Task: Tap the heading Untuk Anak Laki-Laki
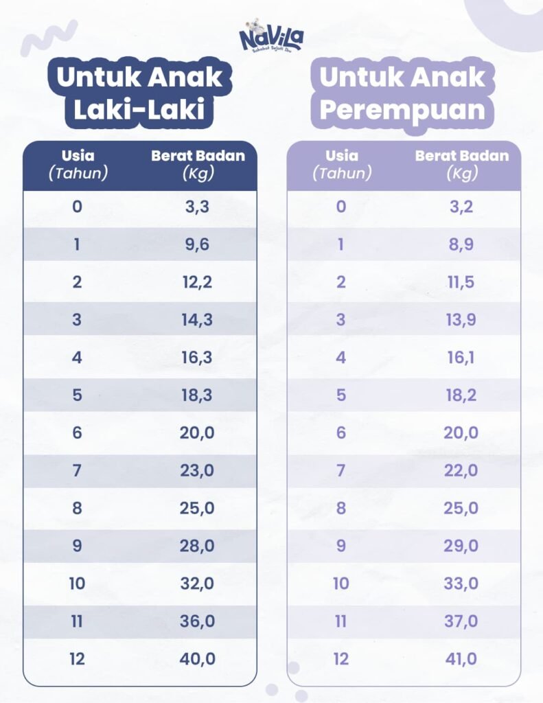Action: tap(139, 93)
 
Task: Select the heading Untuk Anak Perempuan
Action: tap(403, 93)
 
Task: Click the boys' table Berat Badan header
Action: tap(198, 165)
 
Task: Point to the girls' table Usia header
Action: tap(341, 165)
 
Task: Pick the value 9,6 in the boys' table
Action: tap(198, 245)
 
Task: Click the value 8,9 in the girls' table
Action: tap(462, 245)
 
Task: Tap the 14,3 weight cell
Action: tap(198, 320)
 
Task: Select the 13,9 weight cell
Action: tap(462, 320)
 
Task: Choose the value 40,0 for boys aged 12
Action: tap(198, 659)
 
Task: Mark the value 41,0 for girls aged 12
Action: tap(462, 659)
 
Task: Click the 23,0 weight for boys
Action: tap(198, 471)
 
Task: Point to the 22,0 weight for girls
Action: tap(462, 471)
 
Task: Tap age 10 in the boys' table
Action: tap(77, 584)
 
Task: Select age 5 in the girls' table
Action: tap(341, 395)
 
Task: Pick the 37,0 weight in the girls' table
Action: tap(462, 621)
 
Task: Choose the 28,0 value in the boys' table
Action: tap(198, 546)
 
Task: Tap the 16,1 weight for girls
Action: tap(462, 358)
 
